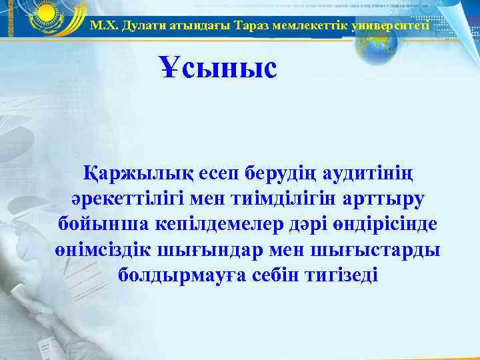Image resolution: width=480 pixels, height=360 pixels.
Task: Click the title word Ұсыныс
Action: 218,68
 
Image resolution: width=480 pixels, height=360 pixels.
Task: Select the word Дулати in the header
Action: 137,26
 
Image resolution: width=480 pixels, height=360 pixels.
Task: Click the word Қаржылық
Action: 135,175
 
